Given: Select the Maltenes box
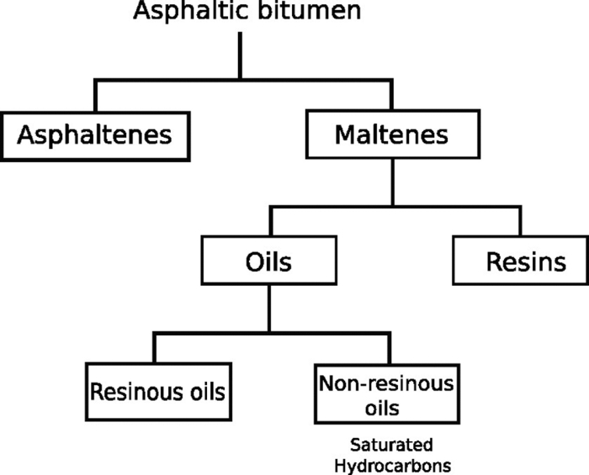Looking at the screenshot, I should tap(391, 135).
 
